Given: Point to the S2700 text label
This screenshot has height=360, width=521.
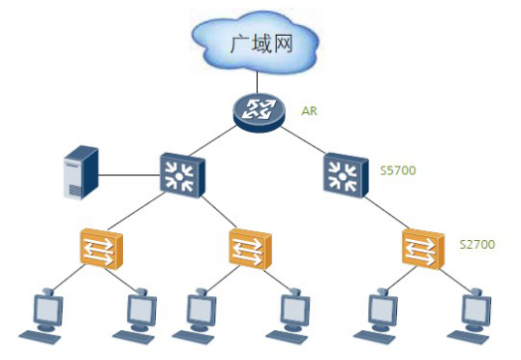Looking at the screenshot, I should pyautogui.click(x=477, y=242).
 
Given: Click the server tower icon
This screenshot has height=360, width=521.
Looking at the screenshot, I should pyautogui.click(x=79, y=173).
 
